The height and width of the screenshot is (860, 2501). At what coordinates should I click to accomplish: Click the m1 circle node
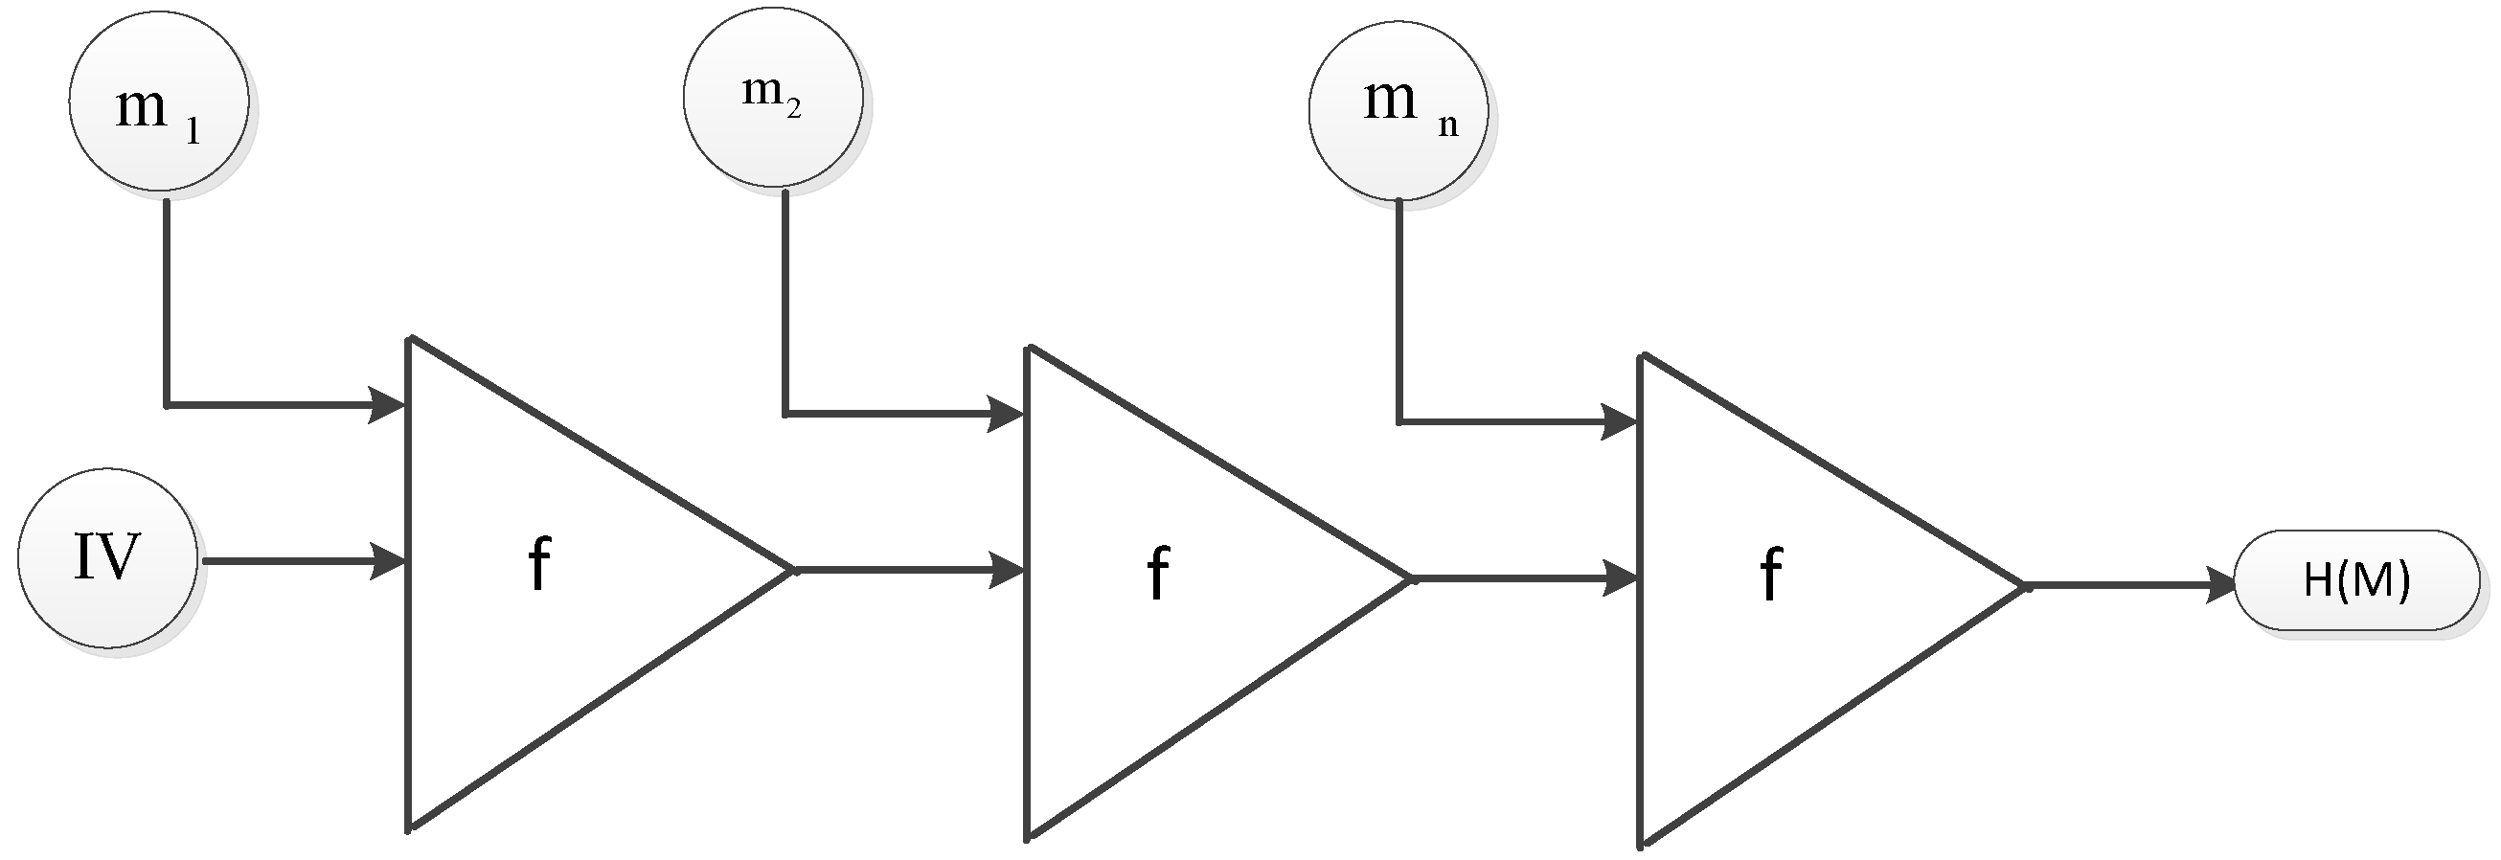(158, 100)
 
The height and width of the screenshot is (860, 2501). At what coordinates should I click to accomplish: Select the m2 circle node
(773, 97)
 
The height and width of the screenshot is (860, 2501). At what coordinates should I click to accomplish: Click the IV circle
(106, 558)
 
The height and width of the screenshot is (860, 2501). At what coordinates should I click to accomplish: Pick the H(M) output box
(2356, 580)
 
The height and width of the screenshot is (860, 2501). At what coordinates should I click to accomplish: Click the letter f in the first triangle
(539, 564)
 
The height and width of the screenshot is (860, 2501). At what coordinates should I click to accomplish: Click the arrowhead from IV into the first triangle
(388, 561)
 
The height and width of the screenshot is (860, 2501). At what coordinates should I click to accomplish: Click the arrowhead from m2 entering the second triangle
(1006, 414)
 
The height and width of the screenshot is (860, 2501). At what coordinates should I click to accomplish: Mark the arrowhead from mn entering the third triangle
(1620, 422)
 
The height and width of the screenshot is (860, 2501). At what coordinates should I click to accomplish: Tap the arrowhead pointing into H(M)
(2221, 585)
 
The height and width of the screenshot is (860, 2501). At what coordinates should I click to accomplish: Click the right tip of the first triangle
(792, 571)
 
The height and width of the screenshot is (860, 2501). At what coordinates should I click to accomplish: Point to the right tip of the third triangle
(2022, 586)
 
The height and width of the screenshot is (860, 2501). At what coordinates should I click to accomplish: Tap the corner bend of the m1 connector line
(167, 404)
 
